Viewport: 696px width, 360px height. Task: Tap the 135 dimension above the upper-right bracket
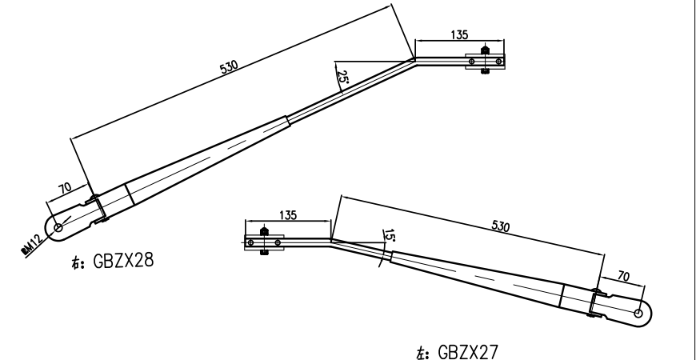pyautogui.click(x=460, y=34)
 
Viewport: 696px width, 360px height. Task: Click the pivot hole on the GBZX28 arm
pyautogui.click(x=58, y=227)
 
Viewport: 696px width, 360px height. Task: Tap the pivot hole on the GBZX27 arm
pyautogui.click(x=638, y=313)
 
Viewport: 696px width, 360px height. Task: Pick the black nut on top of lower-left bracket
pyautogui.click(x=264, y=231)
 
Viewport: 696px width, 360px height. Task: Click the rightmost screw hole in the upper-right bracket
pyautogui.click(x=499, y=59)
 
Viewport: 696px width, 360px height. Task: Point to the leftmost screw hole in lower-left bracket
pyautogui.click(x=250, y=241)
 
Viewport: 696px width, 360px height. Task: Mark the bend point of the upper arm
pyautogui.click(x=414, y=58)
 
